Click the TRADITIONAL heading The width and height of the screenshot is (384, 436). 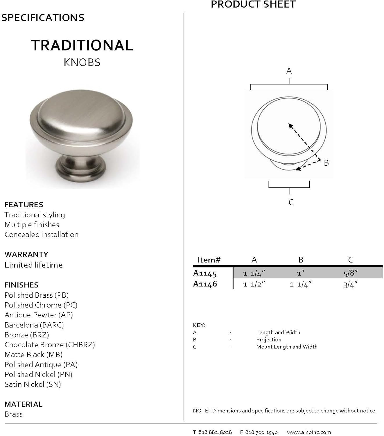pyautogui.click(x=82, y=45)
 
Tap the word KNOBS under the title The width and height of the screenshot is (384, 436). pyautogui.click(x=82, y=62)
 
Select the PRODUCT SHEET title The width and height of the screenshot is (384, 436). pyautogui.click(x=253, y=5)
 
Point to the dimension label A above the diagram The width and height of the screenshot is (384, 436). pyautogui.click(x=289, y=71)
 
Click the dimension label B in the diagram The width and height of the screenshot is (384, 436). pyautogui.click(x=326, y=163)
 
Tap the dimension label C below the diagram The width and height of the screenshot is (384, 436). pyautogui.click(x=291, y=202)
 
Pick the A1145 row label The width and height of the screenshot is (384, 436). pyautogui.click(x=205, y=274)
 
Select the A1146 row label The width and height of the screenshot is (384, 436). pyautogui.click(x=205, y=284)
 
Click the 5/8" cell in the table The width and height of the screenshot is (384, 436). pyautogui.click(x=350, y=273)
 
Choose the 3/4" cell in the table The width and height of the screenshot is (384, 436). pyautogui.click(x=350, y=285)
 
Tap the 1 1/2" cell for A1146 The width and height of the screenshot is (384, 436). pyautogui.click(x=254, y=285)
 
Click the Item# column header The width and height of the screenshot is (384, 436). pyautogui.click(x=209, y=260)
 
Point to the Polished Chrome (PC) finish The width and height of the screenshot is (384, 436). pyautogui.click(x=41, y=305)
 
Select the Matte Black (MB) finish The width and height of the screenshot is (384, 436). pyautogui.click(x=33, y=355)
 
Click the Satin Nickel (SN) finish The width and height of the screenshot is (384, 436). pyautogui.click(x=33, y=385)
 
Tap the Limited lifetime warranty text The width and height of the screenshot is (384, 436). pyautogui.click(x=33, y=265)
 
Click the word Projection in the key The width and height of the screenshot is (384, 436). pyautogui.click(x=269, y=339)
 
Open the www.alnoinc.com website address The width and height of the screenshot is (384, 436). pyautogui.click(x=309, y=432)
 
